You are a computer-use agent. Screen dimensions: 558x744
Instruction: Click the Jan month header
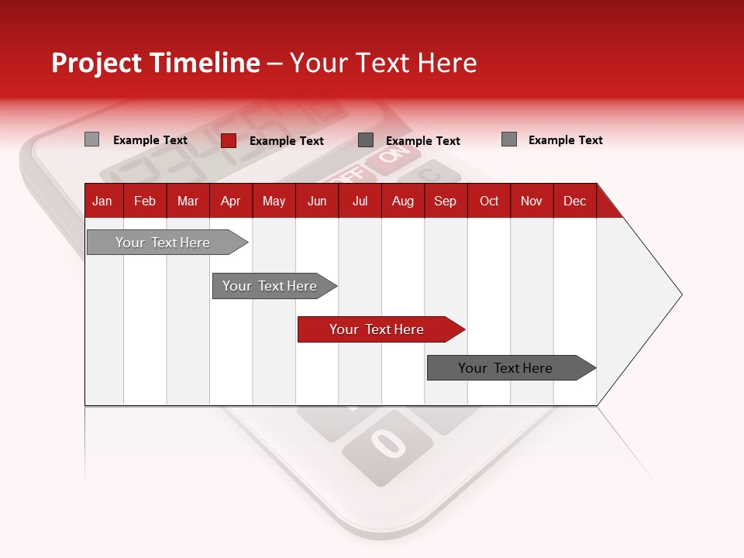point(102,201)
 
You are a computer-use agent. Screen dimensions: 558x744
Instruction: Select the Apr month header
point(230,201)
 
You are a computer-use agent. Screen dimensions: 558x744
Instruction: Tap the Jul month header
point(360,201)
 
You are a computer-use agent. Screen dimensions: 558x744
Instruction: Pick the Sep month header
point(445,201)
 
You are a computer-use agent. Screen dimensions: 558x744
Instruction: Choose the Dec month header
point(574,201)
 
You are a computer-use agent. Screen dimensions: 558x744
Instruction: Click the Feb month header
point(145,201)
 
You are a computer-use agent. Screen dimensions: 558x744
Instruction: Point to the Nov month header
point(531,201)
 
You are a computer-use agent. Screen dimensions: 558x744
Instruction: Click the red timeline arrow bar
point(380,329)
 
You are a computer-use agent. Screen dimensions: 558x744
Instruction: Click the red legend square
point(228,140)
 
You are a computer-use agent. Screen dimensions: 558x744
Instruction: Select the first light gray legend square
point(91,139)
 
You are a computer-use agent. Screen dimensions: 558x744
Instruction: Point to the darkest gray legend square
point(366,140)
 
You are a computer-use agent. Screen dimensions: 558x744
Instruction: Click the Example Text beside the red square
point(287,141)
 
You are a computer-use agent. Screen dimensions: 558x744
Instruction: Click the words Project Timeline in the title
point(155,63)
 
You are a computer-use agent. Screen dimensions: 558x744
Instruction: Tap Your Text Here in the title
point(383,63)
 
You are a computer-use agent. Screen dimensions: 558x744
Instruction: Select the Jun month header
point(317,201)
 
